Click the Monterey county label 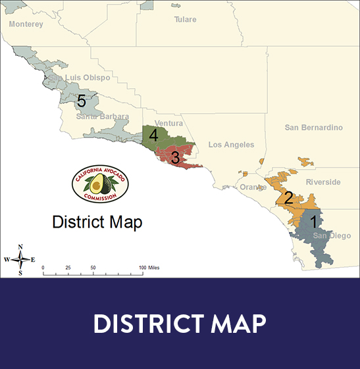click(x=26, y=24)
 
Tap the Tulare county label click(x=185, y=20)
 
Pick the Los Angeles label click(x=231, y=145)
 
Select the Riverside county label click(x=323, y=182)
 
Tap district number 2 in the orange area click(x=288, y=197)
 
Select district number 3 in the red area click(x=175, y=158)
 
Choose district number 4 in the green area click(x=153, y=135)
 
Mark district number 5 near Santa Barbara click(x=81, y=101)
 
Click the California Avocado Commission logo click(x=100, y=185)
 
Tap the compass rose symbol click(x=20, y=259)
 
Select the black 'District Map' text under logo click(x=97, y=222)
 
